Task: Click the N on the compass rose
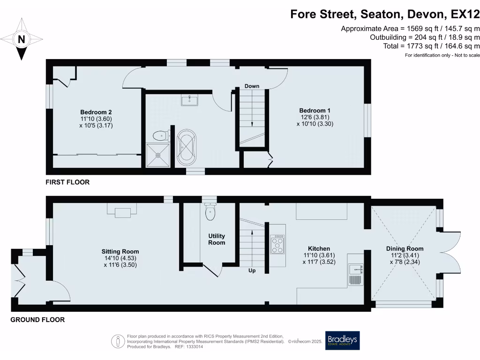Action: coord(21,40)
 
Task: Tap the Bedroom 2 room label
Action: coord(96,112)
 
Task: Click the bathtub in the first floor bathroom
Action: coord(187,148)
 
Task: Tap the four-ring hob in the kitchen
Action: coord(277,244)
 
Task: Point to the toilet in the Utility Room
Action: coord(210,212)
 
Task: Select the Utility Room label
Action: coord(217,239)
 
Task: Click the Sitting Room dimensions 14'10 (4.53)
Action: coord(120,258)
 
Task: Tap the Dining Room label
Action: coord(405,249)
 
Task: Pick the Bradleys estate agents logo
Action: coord(343,341)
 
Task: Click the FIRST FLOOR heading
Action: coord(67,182)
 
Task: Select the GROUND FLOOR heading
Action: coord(37,320)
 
